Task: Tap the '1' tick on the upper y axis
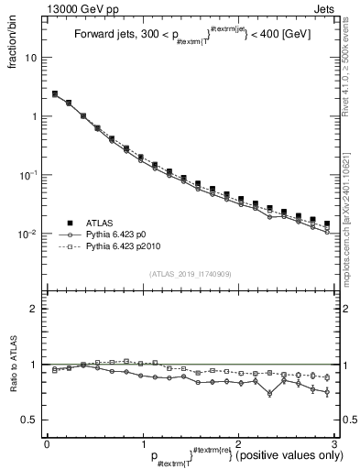point(37,116)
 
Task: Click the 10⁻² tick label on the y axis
point(31,234)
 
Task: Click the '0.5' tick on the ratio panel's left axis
point(33,420)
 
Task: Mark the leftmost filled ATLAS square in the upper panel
point(55,93)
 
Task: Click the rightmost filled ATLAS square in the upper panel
point(327,224)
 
